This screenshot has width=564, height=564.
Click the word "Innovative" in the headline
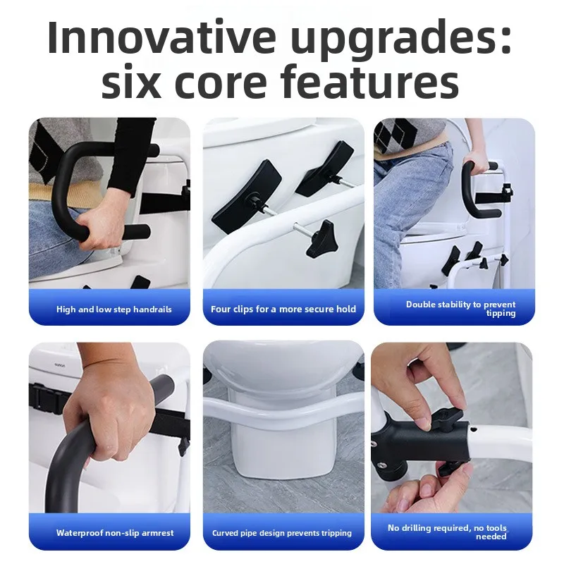click(x=162, y=37)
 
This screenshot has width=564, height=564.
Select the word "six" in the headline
click(x=131, y=82)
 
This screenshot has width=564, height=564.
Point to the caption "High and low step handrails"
click(x=114, y=309)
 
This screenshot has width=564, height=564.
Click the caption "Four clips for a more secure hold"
click(x=283, y=309)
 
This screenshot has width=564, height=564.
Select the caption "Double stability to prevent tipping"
click(x=461, y=309)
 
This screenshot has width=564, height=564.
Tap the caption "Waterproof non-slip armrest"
click(x=115, y=533)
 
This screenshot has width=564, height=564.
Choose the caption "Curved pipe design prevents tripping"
click(x=281, y=533)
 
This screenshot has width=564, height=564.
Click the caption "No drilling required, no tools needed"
click(x=447, y=532)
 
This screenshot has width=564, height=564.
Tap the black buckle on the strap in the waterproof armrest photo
click(x=47, y=398)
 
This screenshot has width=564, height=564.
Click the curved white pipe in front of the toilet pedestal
click(x=283, y=414)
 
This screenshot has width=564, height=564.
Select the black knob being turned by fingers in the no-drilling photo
click(x=446, y=419)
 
